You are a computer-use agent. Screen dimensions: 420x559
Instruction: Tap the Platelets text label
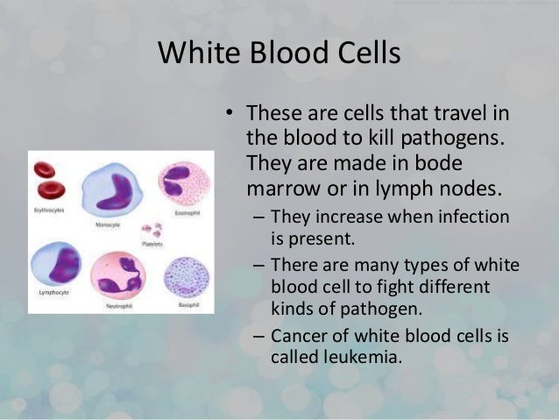[x=153, y=246]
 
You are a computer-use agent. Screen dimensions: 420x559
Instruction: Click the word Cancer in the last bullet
[x=297, y=338]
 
